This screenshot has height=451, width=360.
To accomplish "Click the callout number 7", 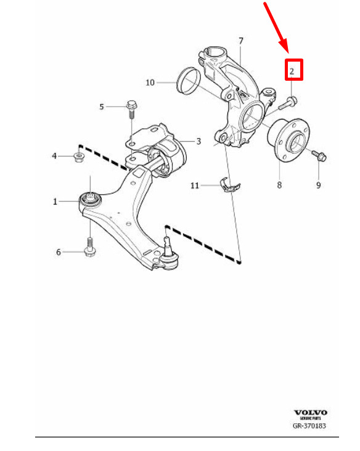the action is (241, 41).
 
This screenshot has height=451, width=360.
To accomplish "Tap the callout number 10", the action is (150, 83).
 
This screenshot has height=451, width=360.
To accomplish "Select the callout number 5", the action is (102, 107).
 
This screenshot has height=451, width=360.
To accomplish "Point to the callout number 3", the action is (198, 141).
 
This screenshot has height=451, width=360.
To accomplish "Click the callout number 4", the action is (54, 156).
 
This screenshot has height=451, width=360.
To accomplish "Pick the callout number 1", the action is (55, 201).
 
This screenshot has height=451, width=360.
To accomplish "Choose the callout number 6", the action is (59, 252).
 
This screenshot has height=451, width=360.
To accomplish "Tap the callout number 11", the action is (195, 185).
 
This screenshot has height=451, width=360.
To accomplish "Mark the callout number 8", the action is (279, 185).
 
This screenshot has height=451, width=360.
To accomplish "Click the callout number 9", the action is (318, 185).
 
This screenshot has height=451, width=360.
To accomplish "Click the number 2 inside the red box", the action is (292, 71).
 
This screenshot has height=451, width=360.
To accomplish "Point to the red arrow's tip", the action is (288, 53).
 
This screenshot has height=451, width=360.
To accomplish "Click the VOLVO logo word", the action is (310, 413).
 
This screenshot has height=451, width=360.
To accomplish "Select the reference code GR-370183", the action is (309, 425).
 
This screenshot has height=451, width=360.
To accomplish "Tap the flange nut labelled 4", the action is (78, 156).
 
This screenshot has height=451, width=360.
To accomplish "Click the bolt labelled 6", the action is (90, 246).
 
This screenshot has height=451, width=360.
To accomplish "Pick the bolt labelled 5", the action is (131, 108).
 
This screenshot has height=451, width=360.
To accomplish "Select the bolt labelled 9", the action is (319, 155).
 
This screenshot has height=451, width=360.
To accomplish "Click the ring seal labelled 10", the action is (188, 81).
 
